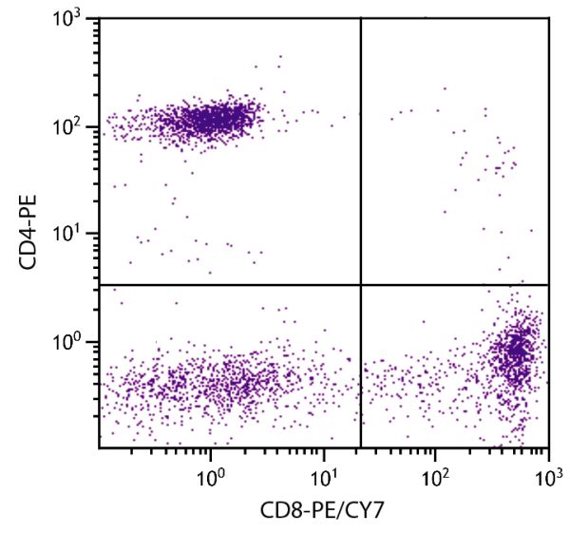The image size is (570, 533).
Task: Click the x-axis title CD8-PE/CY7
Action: pyautogui.click(x=322, y=510)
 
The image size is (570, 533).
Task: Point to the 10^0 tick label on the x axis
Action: pyautogui.click(x=210, y=471)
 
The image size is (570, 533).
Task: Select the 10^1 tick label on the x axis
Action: pyautogui.click(x=323, y=471)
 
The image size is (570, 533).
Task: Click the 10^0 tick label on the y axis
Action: pyautogui.click(x=71, y=341)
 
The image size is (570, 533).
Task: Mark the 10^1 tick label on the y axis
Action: pyautogui.click(x=71, y=234)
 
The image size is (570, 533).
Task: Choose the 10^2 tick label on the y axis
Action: pyautogui.click(x=71, y=126)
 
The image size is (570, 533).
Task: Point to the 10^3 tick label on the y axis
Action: pyautogui.click(x=71, y=20)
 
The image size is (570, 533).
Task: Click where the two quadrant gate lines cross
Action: pyautogui.click(x=361, y=284)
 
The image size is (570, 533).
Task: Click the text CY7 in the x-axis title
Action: pyautogui.click(x=366, y=510)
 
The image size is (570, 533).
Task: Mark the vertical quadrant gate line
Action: pyautogui.click(x=361, y=143)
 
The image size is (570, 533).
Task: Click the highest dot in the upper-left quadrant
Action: pyautogui.click(x=279, y=57)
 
